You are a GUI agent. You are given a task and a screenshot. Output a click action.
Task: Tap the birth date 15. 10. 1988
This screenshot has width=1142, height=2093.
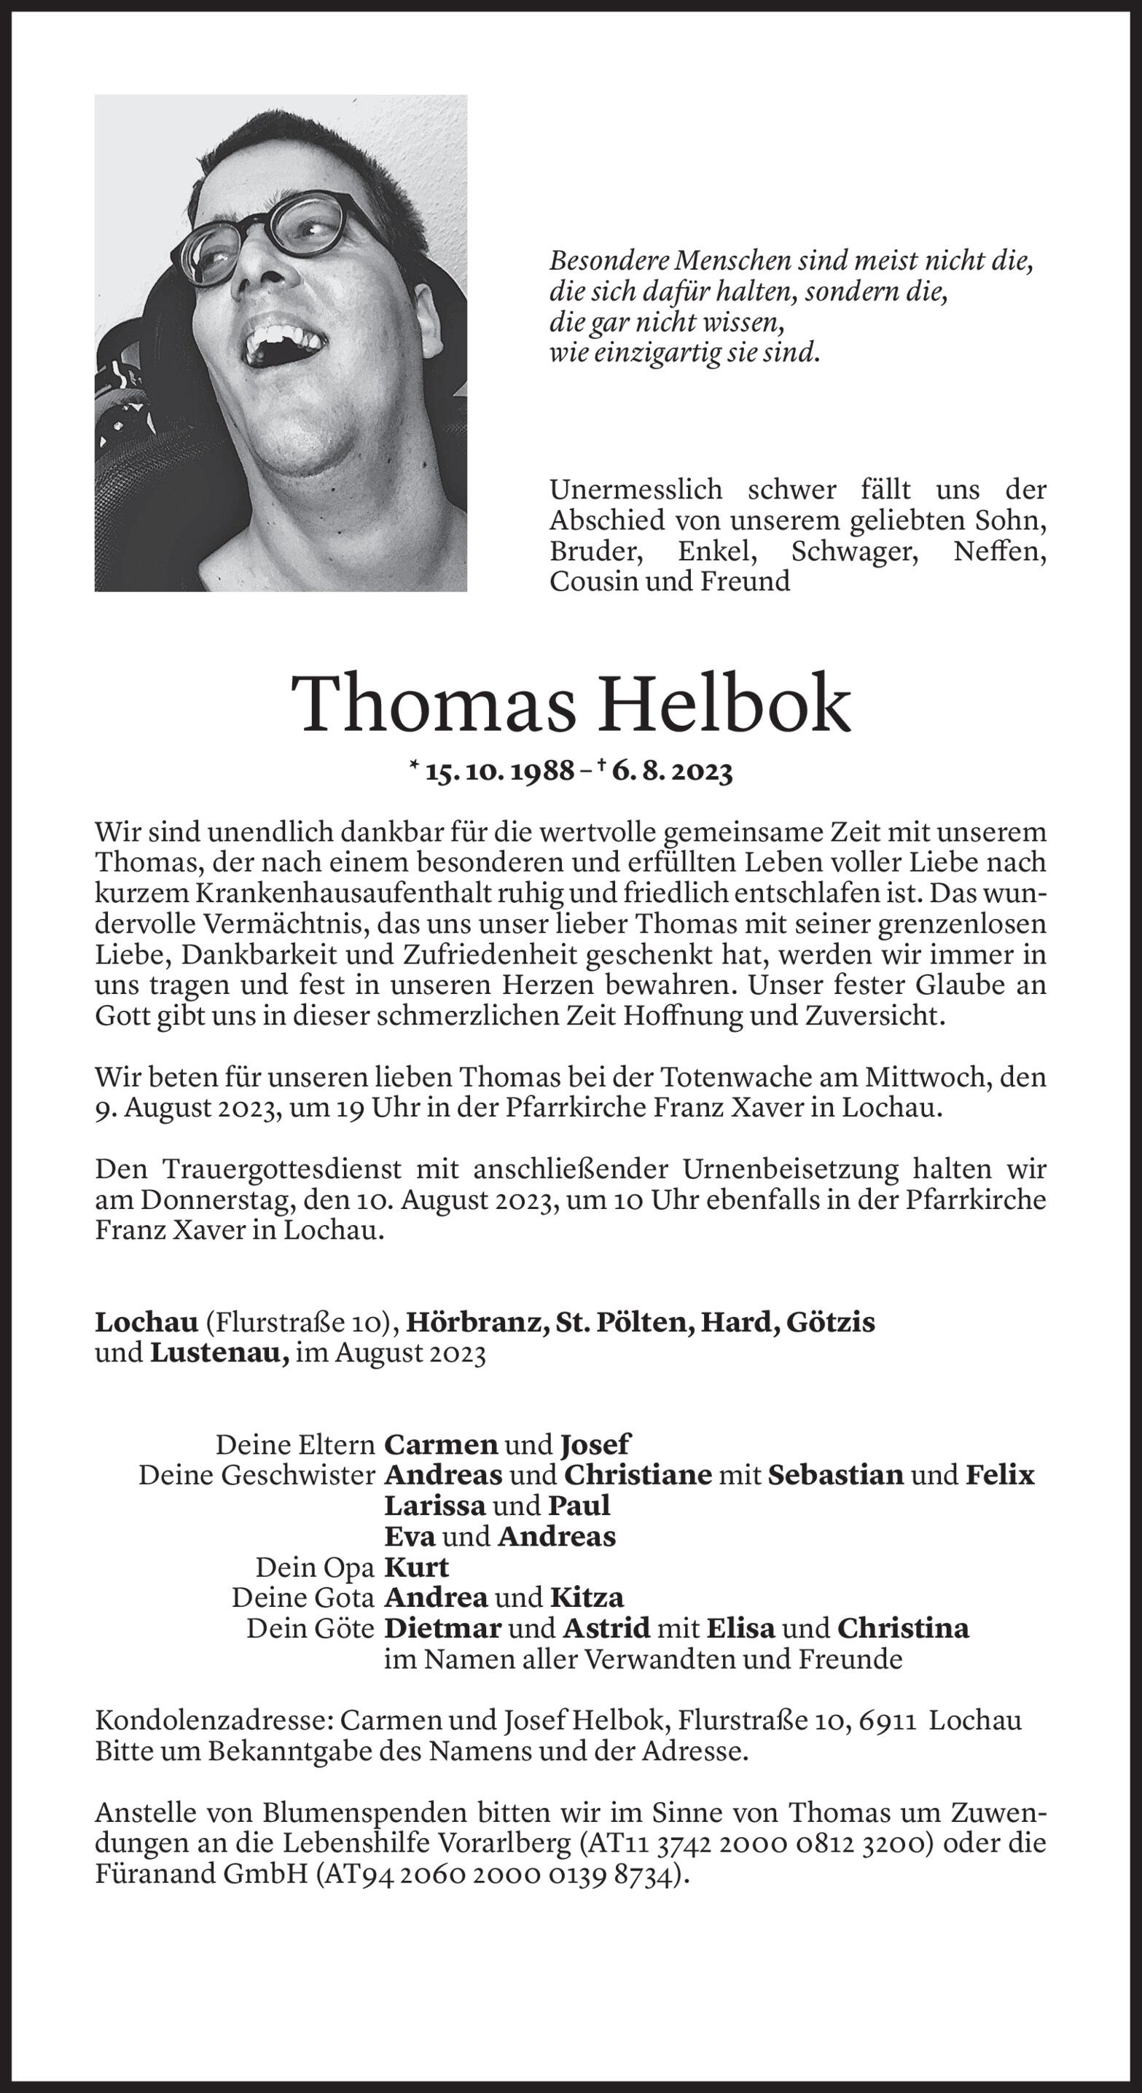pos(500,771)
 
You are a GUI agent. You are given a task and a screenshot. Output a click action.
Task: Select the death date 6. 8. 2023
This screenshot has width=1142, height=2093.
pos(672,771)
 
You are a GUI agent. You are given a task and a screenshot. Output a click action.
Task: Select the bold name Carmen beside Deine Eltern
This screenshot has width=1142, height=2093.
pos(440,1444)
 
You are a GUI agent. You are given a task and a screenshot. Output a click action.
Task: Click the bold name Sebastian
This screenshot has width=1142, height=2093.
pos(834,1475)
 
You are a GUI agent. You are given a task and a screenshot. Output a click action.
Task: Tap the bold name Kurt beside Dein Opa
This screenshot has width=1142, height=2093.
pos(416,1567)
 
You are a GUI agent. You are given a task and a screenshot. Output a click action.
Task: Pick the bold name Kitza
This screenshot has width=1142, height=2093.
pos(587,1597)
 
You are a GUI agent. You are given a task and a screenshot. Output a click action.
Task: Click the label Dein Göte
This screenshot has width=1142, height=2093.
pos(310,1628)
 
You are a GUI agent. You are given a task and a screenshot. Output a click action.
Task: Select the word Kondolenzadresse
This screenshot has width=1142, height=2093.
pos(214,1721)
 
